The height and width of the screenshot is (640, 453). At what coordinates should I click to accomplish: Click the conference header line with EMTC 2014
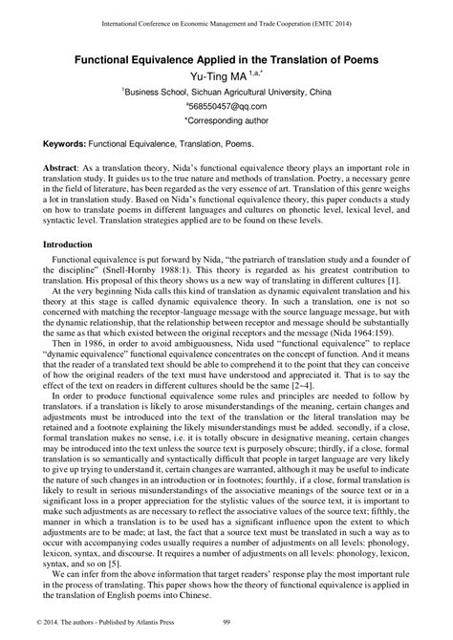click(226, 19)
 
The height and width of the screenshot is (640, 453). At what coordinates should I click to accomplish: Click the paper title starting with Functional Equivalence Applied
click(226, 59)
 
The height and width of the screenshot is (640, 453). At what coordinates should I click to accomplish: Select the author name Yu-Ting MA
click(220, 75)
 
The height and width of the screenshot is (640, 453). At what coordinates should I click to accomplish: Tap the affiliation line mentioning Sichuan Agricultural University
click(226, 92)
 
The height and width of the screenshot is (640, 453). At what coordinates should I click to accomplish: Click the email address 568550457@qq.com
click(226, 108)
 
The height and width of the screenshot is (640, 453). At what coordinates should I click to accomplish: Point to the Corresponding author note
click(226, 123)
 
